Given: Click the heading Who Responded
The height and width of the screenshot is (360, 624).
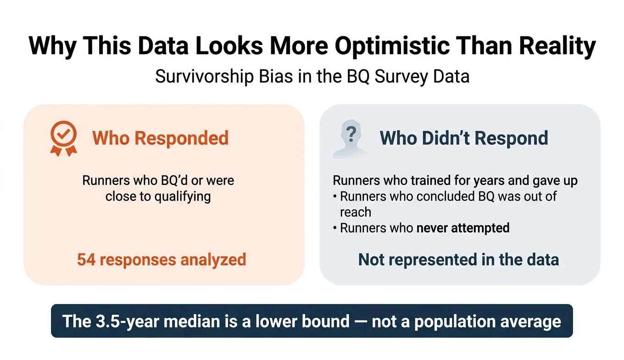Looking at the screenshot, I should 160,138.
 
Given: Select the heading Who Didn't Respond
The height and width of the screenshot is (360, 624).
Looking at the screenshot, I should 464,138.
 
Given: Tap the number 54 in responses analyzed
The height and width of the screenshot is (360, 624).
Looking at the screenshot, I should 86,259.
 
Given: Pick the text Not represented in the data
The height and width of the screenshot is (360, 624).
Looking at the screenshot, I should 458,259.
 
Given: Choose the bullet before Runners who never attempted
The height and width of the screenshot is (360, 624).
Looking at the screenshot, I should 335,228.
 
